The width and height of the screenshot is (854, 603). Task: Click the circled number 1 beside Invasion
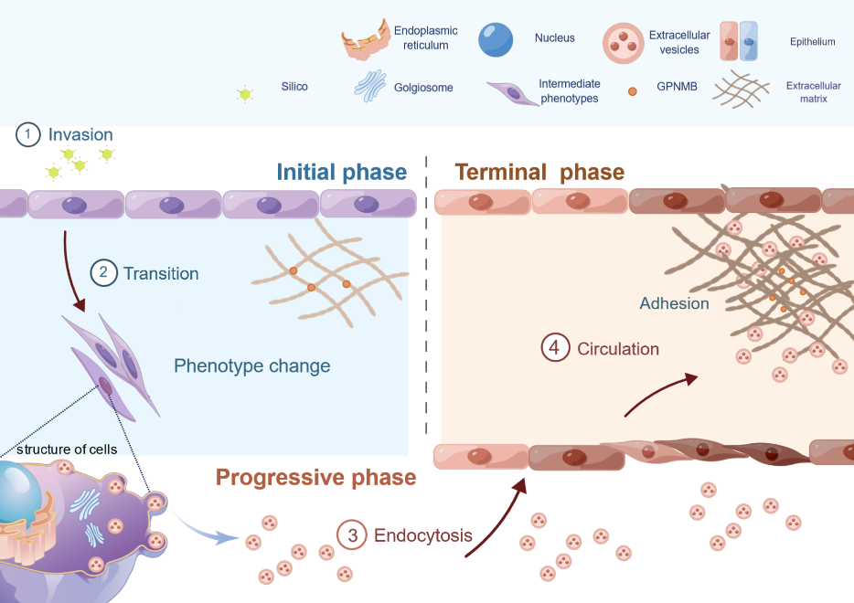(x=28, y=135)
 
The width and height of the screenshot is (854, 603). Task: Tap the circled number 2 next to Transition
(x=103, y=273)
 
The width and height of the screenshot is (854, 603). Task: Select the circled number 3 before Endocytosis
(x=351, y=535)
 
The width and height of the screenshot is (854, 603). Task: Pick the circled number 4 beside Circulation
(x=554, y=348)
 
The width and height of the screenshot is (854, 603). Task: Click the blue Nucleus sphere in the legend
(x=496, y=38)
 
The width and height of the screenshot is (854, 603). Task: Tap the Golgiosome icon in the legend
(x=370, y=88)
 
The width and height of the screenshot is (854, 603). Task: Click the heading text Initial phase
(x=341, y=173)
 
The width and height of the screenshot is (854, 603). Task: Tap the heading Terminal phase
(x=539, y=173)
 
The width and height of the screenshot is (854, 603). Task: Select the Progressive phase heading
(x=315, y=477)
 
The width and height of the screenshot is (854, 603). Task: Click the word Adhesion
(x=674, y=303)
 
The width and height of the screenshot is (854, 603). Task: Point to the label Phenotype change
(x=251, y=366)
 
